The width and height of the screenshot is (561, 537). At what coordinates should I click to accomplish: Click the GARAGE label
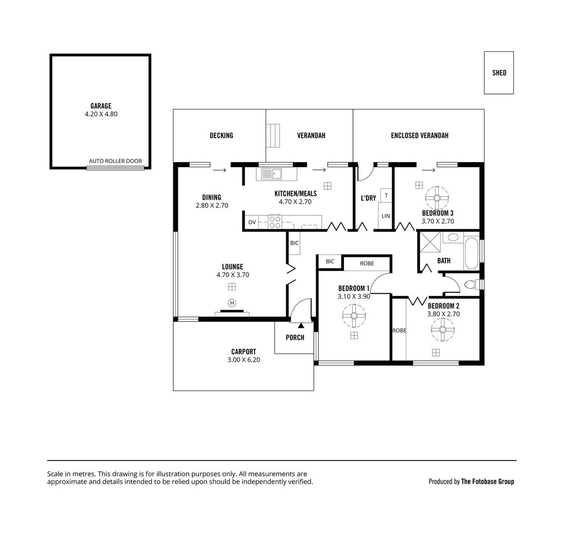[101, 106]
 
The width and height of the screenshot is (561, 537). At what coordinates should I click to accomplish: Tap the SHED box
[499, 73]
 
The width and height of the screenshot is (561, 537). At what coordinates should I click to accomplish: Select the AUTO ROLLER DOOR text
[115, 161]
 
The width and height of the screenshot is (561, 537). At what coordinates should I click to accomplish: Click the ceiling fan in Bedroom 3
[437, 198]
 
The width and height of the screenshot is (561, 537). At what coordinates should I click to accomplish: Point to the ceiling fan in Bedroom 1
[354, 315]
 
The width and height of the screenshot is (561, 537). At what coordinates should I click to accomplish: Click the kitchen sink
[271, 174]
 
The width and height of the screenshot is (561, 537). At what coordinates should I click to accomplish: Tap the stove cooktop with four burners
[275, 222]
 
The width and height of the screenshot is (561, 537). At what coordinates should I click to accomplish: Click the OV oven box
[252, 222]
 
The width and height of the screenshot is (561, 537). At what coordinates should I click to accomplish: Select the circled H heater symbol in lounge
[231, 303]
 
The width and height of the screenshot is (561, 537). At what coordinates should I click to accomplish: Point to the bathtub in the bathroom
[471, 254]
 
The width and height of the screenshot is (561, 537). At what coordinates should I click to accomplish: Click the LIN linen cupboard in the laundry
[386, 216]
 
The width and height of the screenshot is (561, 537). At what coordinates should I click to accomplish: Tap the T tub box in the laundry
[386, 195]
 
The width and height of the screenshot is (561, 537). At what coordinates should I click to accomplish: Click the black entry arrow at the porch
[301, 325]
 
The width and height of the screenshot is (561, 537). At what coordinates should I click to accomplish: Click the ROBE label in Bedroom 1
[367, 264]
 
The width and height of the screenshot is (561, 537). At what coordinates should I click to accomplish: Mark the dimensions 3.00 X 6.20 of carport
[243, 359]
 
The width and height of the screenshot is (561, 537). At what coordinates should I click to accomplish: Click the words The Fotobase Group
[487, 481]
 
